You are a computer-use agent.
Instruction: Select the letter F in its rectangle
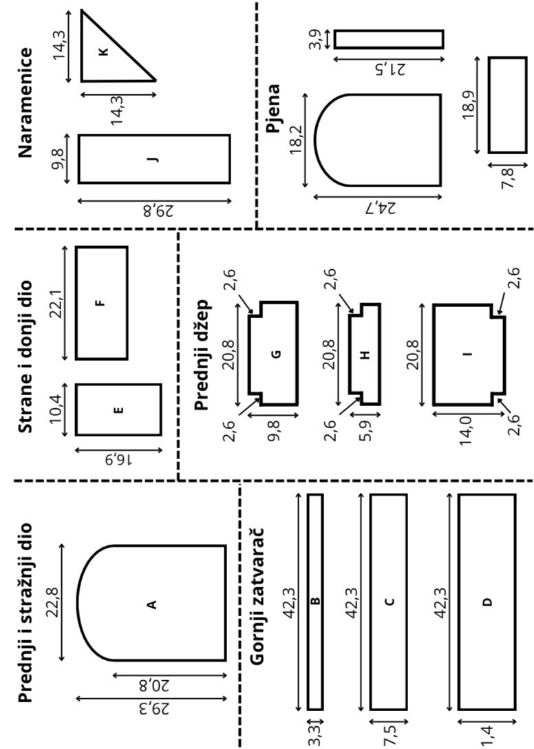pos(101,303)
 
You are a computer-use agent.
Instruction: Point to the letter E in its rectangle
pos(118,410)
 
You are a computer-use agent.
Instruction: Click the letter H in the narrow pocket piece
pos(365,355)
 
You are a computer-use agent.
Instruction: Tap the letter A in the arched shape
pos(151,604)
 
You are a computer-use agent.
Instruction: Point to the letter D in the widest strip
pos(487,602)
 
